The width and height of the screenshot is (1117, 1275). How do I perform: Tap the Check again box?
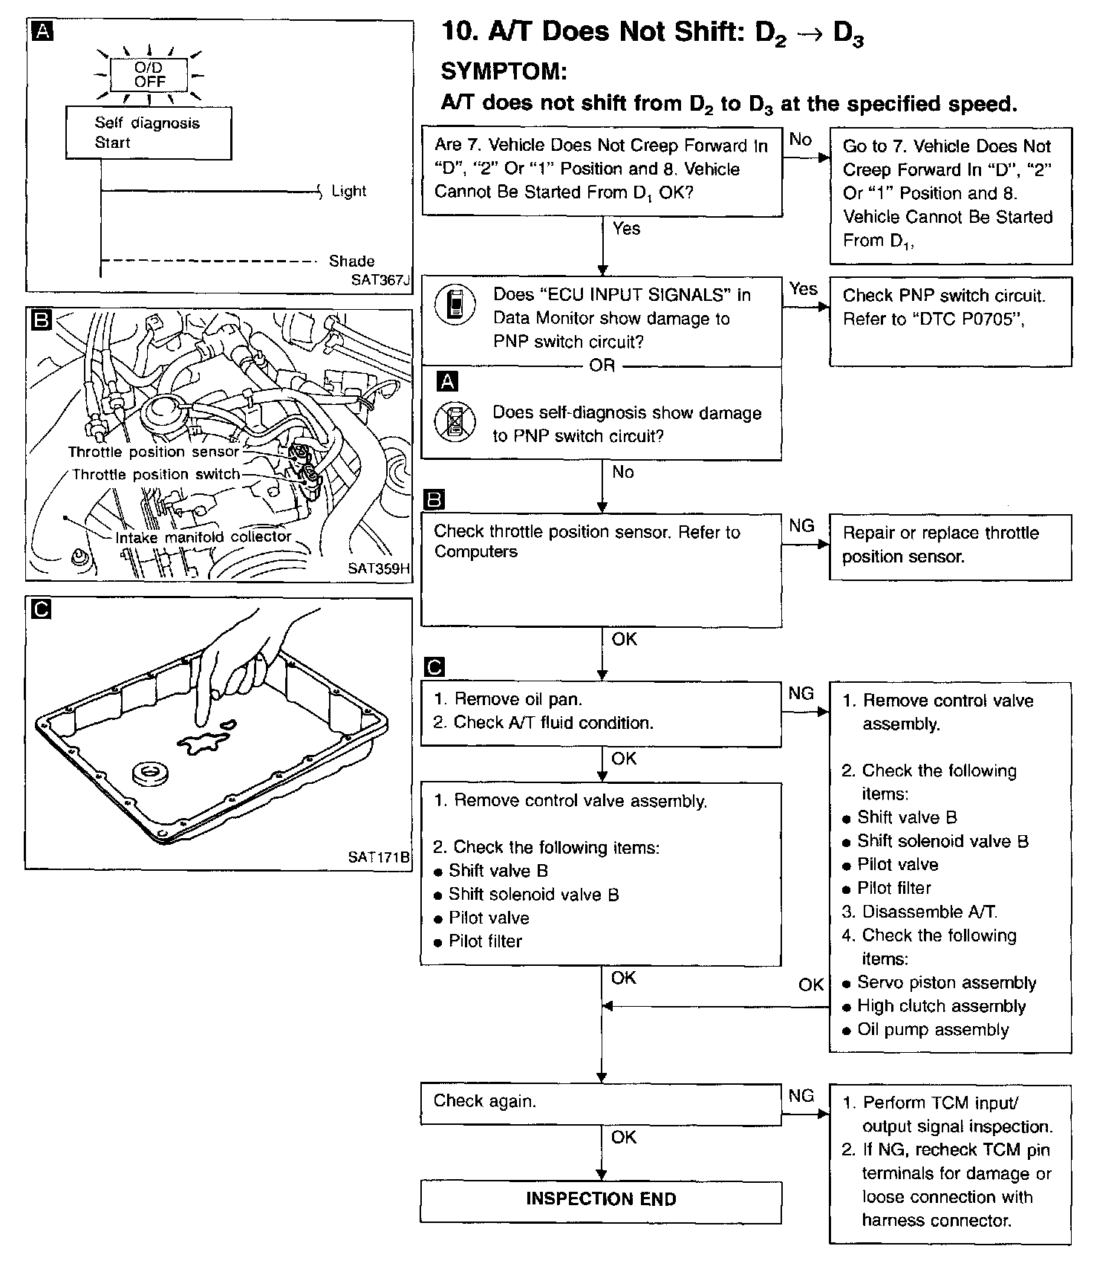(x=601, y=1103)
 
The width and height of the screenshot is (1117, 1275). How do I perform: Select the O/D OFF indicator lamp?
(x=149, y=74)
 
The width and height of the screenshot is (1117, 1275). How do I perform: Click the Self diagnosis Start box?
(x=149, y=133)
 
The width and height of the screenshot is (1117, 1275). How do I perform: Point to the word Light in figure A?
(x=348, y=191)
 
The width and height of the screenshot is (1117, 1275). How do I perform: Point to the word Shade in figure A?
(x=351, y=261)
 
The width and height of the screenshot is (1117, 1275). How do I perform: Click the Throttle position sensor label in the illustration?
(x=154, y=452)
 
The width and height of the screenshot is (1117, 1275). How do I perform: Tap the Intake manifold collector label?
(x=203, y=536)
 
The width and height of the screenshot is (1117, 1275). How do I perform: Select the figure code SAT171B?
(x=378, y=857)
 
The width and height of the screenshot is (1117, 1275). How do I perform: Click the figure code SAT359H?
(x=378, y=568)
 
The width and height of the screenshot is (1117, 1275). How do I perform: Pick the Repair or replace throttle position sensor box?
(x=950, y=546)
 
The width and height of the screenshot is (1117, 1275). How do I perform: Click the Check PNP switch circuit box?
(x=950, y=321)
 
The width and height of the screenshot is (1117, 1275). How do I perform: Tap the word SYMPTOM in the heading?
(x=504, y=71)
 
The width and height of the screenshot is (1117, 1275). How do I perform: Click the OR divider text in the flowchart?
(x=602, y=366)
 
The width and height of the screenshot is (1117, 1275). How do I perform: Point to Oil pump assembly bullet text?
(x=933, y=1030)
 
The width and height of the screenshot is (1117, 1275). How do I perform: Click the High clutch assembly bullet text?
(x=941, y=1006)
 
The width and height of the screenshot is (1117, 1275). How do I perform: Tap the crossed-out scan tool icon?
(x=455, y=422)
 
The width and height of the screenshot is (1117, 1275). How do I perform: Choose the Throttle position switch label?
(x=156, y=474)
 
